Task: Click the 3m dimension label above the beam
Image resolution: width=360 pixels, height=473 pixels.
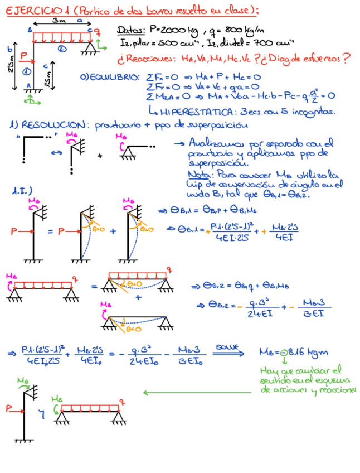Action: click(x=57, y=20)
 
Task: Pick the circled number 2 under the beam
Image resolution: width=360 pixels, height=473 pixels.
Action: click(x=62, y=49)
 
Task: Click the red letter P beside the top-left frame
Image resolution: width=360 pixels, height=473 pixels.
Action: click(x=23, y=55)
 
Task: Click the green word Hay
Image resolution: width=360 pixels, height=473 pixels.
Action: click(x=269, y=370)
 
